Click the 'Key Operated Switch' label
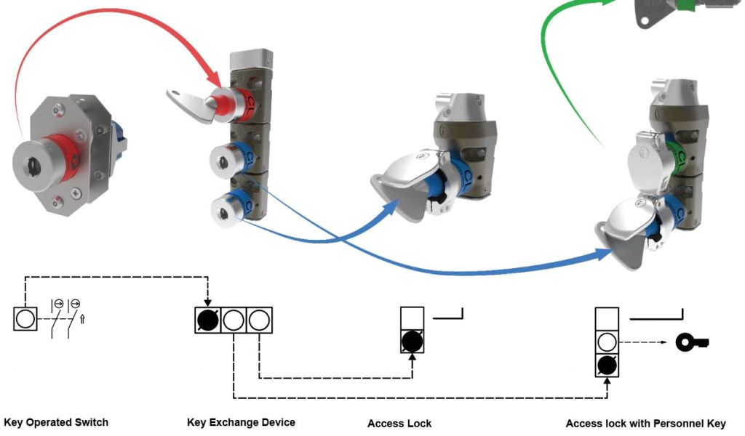56,422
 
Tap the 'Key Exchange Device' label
241,422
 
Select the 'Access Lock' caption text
399,423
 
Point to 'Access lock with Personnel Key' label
645,423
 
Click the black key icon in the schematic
692,342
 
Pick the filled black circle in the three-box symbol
207,320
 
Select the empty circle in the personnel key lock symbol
607,342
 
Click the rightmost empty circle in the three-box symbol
260,320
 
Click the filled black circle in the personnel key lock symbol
607,365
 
